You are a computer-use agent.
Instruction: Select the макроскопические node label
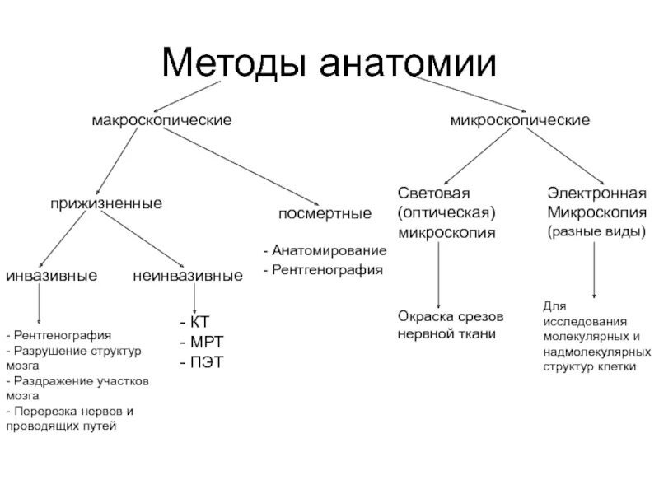point(161,120)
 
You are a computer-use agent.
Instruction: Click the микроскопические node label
point(519,120)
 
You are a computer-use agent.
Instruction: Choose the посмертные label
point(324,214)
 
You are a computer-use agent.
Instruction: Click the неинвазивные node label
point(188,275)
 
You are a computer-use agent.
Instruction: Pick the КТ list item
point(199,323)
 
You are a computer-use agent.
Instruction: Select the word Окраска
point(423,317)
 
